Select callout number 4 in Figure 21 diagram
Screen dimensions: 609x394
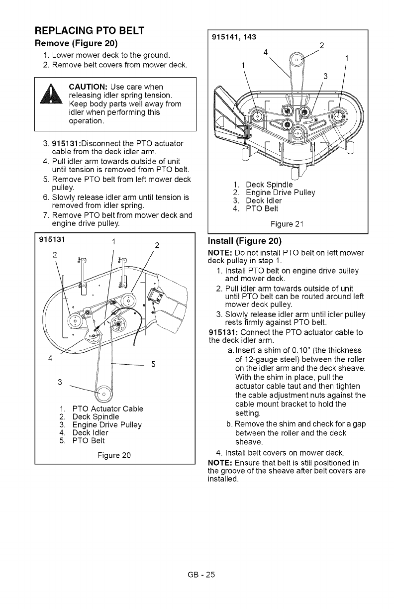pyautogui.click(x=266, y=52)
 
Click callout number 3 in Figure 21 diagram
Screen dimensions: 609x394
pyautogui.click(x=325, y=76)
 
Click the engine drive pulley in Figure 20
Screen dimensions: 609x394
pyautogui.click(x=104, y=396)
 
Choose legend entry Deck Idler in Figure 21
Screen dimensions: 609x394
pyautogui.click(x=269, y=201)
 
